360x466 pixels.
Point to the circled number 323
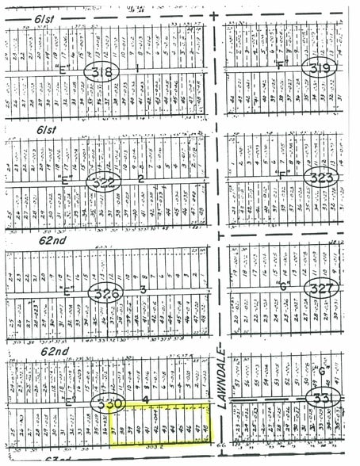point(321,178)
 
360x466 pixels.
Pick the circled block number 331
point(324,395)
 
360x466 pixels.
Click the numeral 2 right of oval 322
point(141,178)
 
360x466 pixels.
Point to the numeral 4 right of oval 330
point(146,398)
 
